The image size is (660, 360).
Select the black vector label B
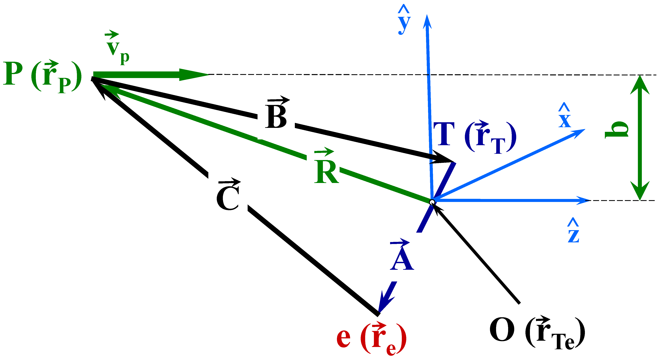coord(276,115)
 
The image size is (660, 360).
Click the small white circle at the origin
coord(432,202)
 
